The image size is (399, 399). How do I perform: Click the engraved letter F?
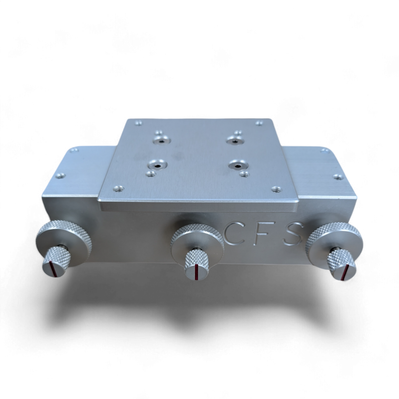pyautogui.click(x=262, y=233)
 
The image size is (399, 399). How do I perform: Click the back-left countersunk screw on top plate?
pyautogui.click(x=162, y=141)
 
